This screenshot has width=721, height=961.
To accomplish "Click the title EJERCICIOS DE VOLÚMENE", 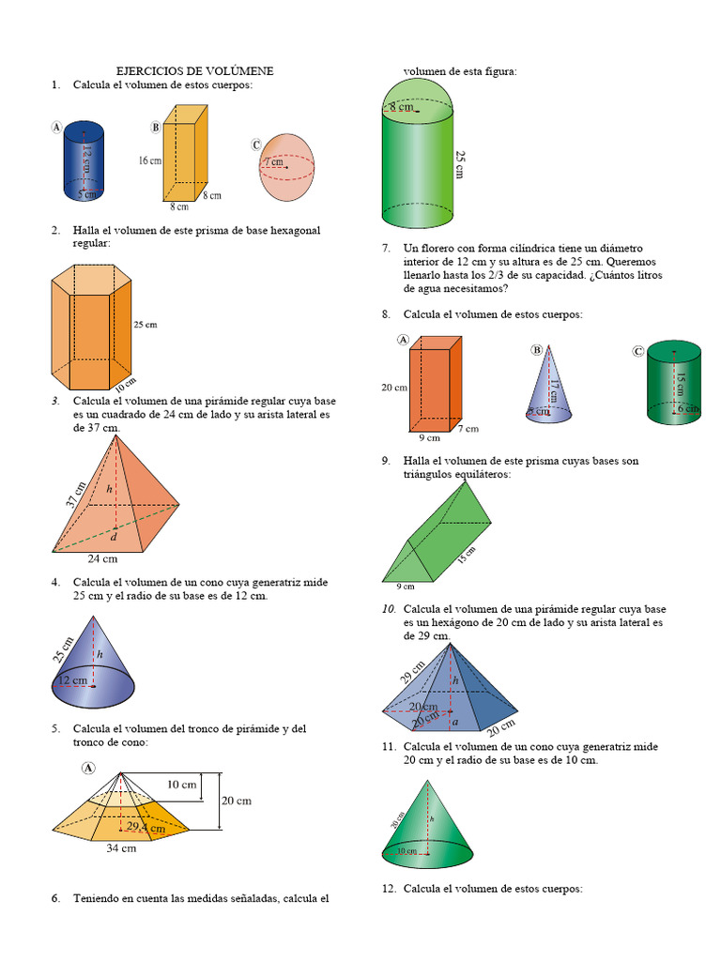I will coord(194,71).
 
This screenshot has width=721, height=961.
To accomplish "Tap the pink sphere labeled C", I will coord(286,167).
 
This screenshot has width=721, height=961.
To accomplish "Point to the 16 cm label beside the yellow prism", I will coord(149,160).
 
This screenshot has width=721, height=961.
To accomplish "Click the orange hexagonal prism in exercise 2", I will coord(91,328).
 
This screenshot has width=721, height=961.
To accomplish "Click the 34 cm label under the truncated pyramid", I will coord(121,848).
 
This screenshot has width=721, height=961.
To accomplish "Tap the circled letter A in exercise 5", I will coord(89,767).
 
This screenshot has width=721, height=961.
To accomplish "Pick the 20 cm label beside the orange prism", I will coord(393,387).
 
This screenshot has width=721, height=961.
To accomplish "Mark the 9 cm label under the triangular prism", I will coord(406,587).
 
